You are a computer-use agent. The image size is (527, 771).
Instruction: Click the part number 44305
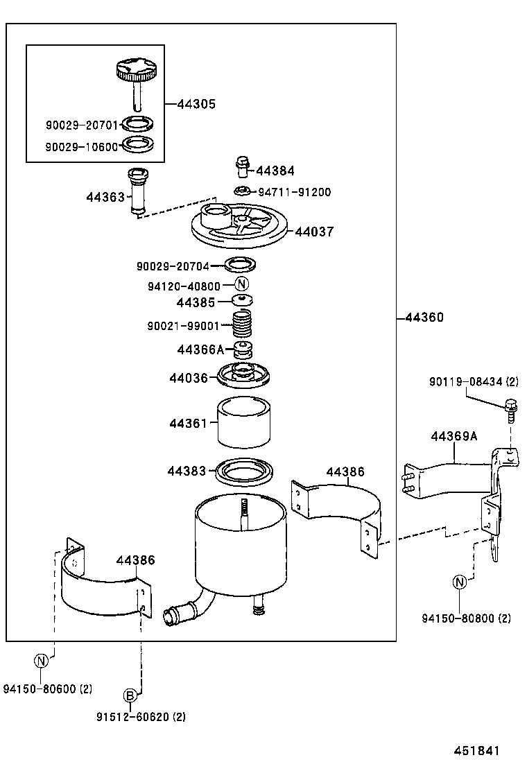point(196,104)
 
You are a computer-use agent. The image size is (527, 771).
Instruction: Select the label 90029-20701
point(82,125)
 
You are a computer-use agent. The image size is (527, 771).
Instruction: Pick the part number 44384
point(275,171)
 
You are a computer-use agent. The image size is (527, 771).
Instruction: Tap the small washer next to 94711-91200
point(243,191)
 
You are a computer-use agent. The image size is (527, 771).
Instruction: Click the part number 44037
point(314,232)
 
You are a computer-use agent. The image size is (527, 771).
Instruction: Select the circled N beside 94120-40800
point(241,284)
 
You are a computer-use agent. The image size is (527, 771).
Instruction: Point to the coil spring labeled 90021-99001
point(241,324)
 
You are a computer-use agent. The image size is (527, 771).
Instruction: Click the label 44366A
point(201,350)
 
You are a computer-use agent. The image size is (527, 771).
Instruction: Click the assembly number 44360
point(424,318)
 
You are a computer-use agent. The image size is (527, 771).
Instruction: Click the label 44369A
point(453,437)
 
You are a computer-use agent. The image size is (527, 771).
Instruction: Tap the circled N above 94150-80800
point(460,582)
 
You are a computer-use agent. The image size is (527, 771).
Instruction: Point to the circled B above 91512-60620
point(130,695)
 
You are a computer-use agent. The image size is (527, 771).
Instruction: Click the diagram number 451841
point(477,751)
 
